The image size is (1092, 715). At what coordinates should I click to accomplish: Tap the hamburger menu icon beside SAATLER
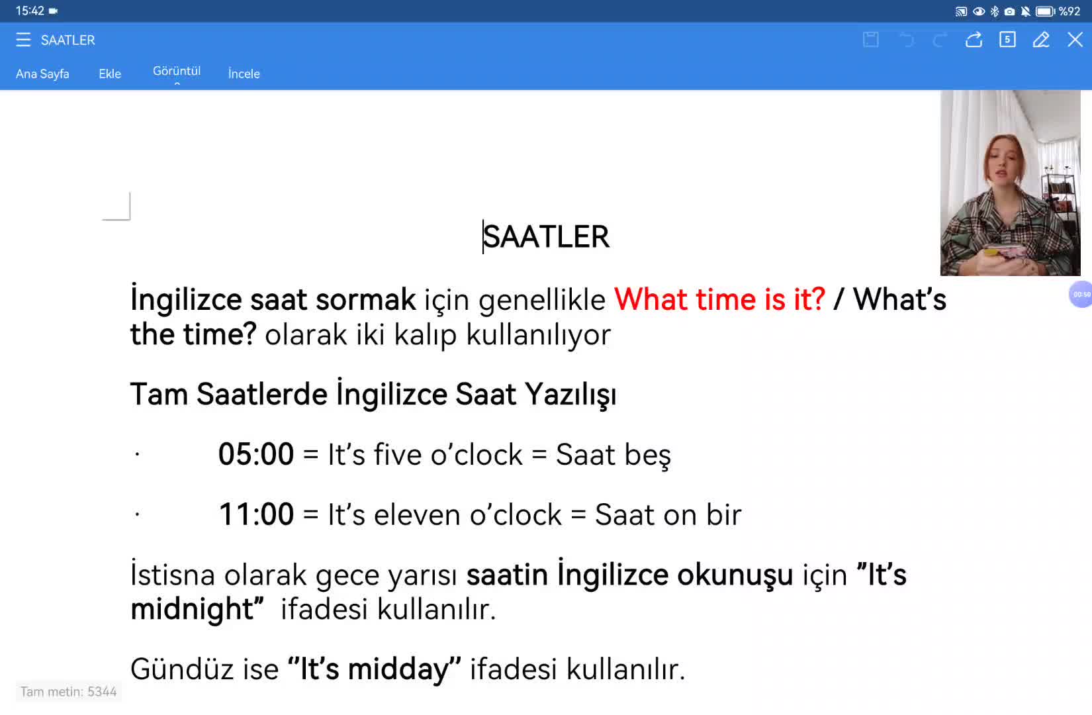(x=23, y=40)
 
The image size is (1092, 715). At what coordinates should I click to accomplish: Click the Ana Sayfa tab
(x=42, y=73)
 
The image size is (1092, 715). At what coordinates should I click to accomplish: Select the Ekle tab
(x=110, y=73)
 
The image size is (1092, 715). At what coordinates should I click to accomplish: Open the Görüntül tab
(x=177, y=71)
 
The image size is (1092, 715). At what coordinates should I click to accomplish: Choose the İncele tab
(x=244, y=73)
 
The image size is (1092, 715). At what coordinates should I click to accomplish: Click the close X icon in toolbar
(x=1074, y=40)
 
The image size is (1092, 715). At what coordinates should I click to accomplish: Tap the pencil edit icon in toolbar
(x=1041, y=40)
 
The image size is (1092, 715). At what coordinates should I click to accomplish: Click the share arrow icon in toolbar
(x=974, y=40)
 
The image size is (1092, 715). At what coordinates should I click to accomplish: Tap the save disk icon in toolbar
(x=871, y=40)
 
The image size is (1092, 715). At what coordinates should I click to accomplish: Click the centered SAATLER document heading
(x=546, y=237)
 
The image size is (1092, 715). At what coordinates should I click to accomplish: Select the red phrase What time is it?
(x=719, y=299)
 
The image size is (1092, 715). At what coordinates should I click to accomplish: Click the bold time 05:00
(x=256, y=454)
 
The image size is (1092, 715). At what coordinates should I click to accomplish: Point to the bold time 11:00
(x=256, y=514)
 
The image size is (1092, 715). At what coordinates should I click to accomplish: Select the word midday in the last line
(x=398, y=669)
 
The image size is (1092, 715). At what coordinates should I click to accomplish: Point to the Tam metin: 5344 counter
(x=68, y=692)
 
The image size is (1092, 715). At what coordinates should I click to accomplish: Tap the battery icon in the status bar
(x=1045, y=11)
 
